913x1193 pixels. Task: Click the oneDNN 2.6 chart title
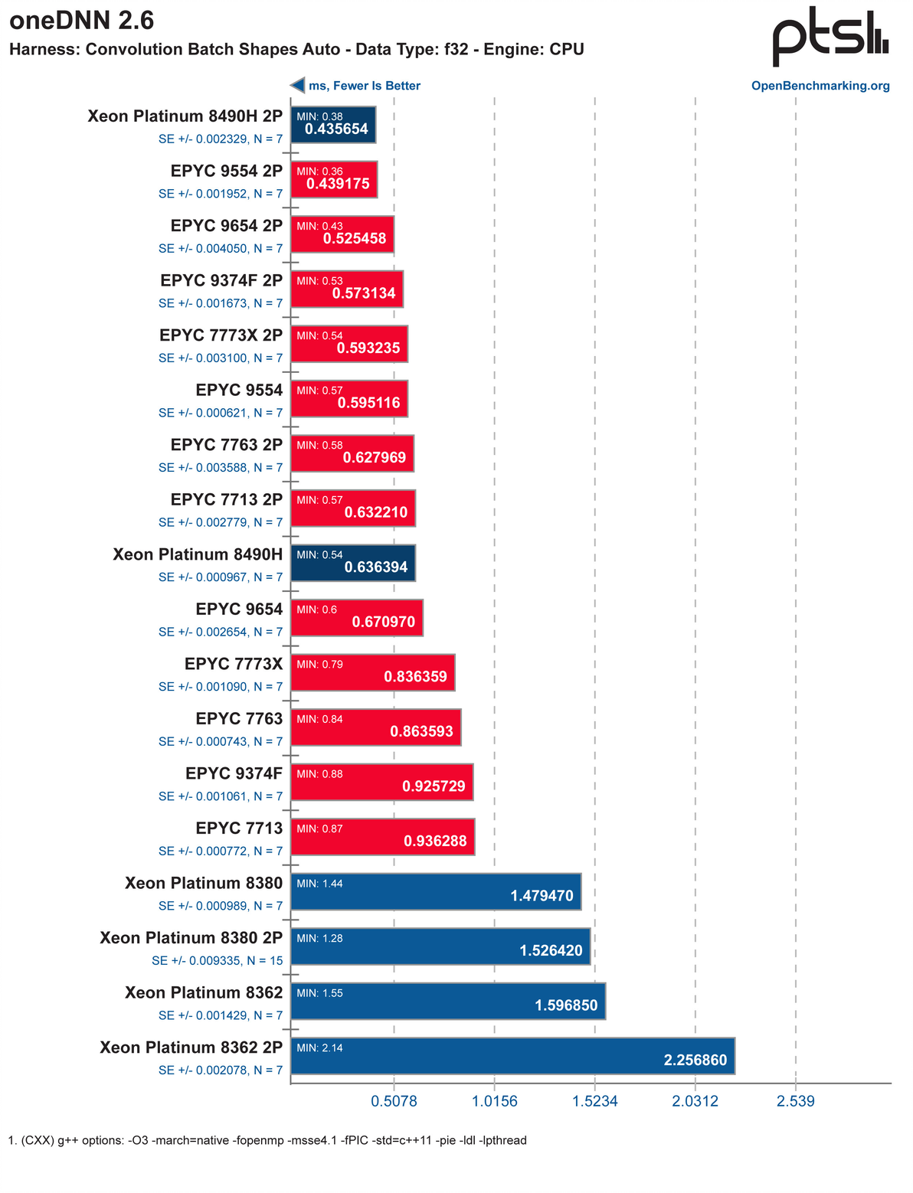click(x=82, y=21)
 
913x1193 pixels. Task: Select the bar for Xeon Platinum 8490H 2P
click(x=334, y=125)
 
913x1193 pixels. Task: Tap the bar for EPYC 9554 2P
click(x=335, y=179)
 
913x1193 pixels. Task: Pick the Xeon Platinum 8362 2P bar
click(x=513, y=1056)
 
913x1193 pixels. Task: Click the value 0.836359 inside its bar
click(x=415, y=677)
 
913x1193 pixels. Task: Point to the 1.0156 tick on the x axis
click(x=494, y=1102)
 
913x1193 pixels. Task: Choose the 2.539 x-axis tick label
click(x=796, y=1102)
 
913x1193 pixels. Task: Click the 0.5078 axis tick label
click(x=394, y=1102)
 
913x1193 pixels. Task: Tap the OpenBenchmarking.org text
click(x=820, y=86)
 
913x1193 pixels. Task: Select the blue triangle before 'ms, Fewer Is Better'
click(x=297, y=86)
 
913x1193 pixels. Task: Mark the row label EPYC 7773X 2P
click(x=221, y=335)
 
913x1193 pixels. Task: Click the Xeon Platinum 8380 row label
click(x=204, y=884)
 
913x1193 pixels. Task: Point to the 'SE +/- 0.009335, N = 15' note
click(x=218, y=960)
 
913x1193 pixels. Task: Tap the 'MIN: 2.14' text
click(x=319, y=1048)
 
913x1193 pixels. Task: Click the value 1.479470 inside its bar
click(x=542, y=896)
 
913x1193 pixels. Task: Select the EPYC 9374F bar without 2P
click(x=382, y=782)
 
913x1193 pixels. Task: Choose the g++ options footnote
click(x=267, y=1141)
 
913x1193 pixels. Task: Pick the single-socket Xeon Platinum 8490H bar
click(x=353, y=564)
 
